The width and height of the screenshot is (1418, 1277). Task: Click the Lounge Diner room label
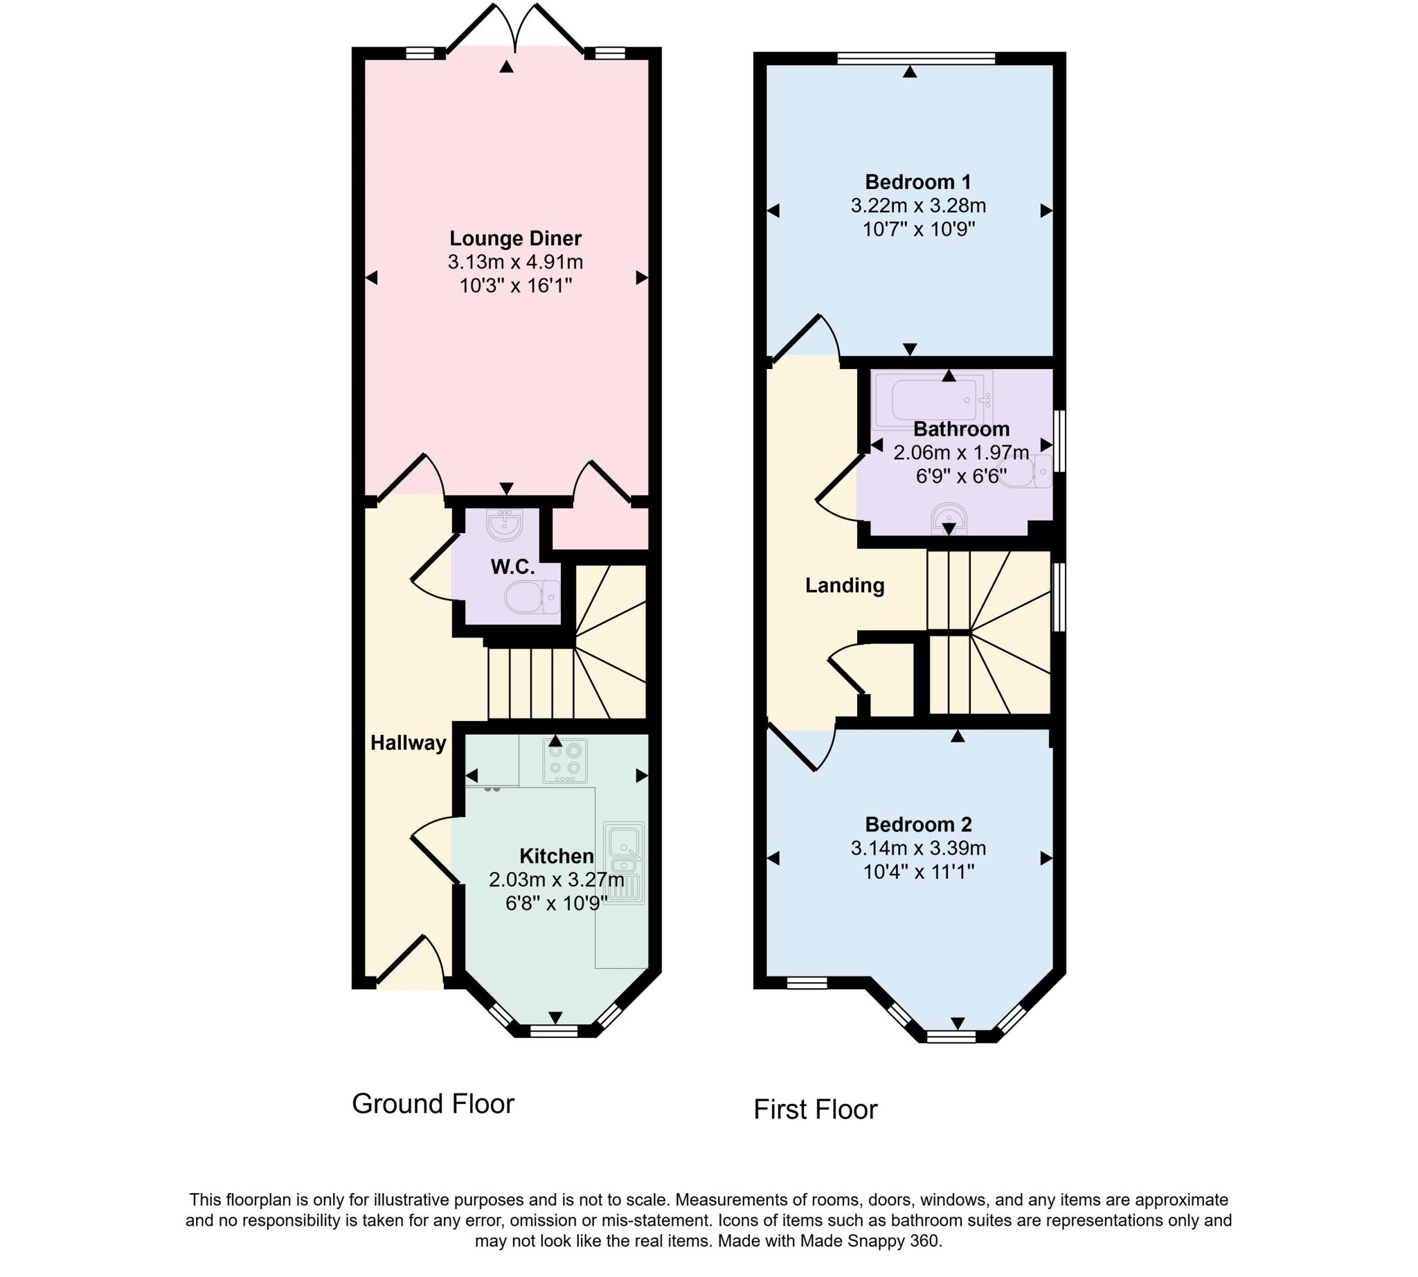(515, 238)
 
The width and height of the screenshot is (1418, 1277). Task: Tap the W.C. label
(512, 566)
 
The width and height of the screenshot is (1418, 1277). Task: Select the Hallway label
(408, 742)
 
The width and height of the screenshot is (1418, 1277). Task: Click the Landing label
(844, 585)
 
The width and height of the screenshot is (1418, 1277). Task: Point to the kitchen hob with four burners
(564, 760)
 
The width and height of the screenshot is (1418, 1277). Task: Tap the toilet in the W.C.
(530, 596)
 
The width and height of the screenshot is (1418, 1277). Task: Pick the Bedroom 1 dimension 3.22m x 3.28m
(917, 206)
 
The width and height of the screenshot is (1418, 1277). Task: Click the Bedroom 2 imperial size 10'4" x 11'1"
(917, 871)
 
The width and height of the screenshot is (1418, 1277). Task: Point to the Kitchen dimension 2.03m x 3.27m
(556, 879)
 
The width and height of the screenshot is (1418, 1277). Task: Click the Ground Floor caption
(433, 1104)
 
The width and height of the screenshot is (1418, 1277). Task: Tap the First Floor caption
(815, 1109)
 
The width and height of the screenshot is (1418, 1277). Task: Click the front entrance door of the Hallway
(409, 963)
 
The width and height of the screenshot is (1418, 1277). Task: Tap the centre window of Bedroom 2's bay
(950, 1036)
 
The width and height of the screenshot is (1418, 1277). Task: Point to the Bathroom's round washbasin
(949, 518)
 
